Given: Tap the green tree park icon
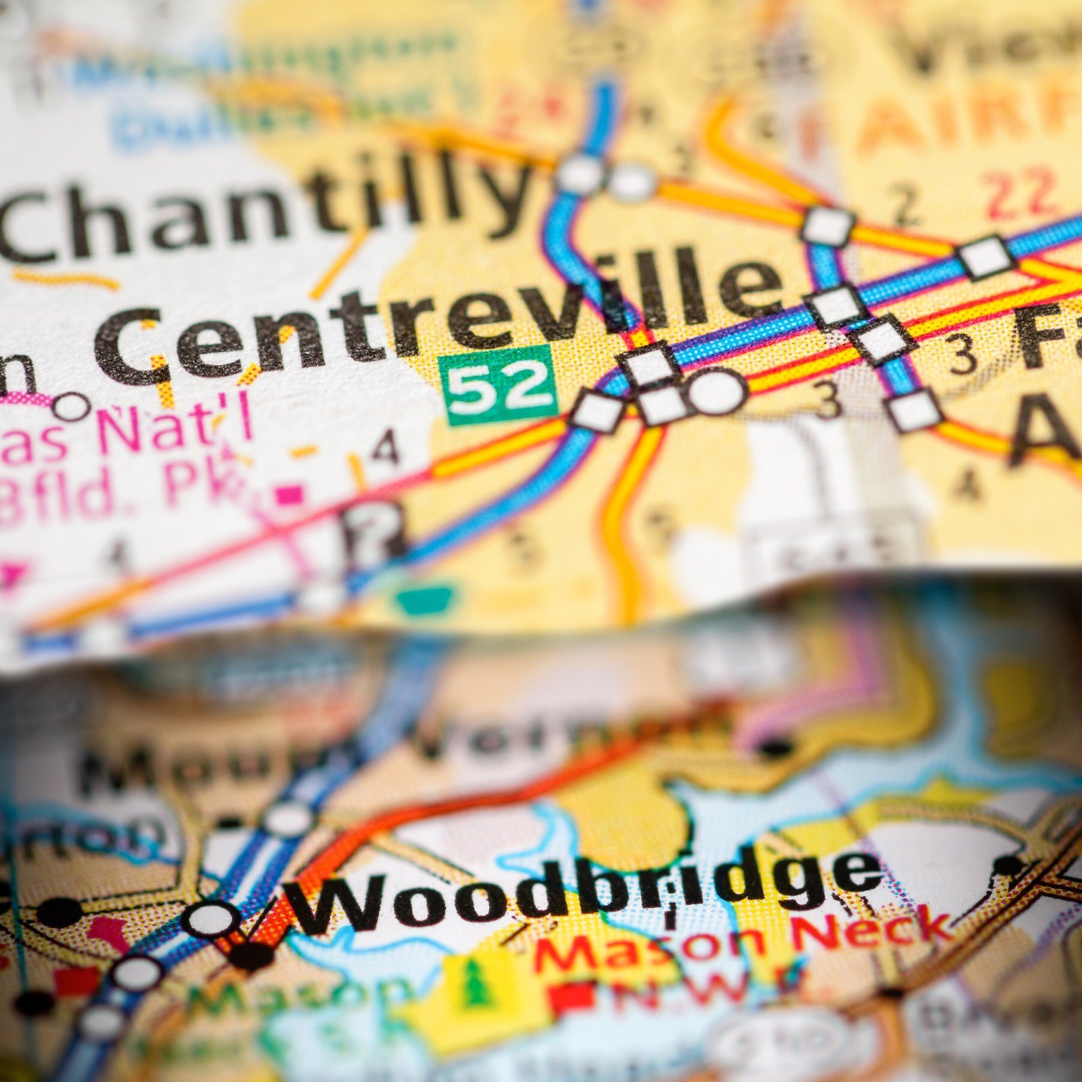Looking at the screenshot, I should (475, 986).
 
